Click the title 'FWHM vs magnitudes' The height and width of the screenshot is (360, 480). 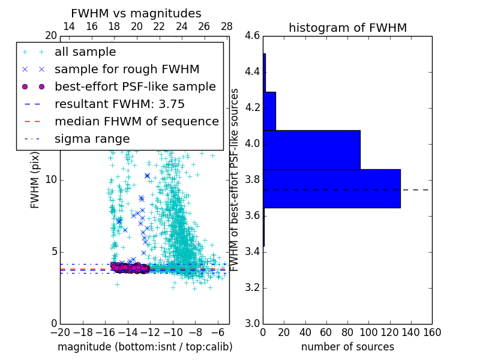point(136,14)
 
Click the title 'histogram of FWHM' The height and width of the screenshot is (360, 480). point(347,28)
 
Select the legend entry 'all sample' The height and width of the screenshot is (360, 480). point(85,52)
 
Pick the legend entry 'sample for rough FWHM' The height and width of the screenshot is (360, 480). point(127,70)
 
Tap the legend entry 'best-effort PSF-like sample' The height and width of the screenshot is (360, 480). point(135,86)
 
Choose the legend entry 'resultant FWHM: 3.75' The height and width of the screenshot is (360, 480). point(119,104)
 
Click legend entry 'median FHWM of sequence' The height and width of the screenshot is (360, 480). point(136,121)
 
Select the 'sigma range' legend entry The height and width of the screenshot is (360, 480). point(92,139)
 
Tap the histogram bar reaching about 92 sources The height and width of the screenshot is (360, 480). point(311,149)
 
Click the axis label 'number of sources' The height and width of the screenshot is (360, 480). point(347,347)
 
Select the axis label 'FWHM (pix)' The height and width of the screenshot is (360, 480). point(35,180)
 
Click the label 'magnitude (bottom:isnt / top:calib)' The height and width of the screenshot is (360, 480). point(145,347)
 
